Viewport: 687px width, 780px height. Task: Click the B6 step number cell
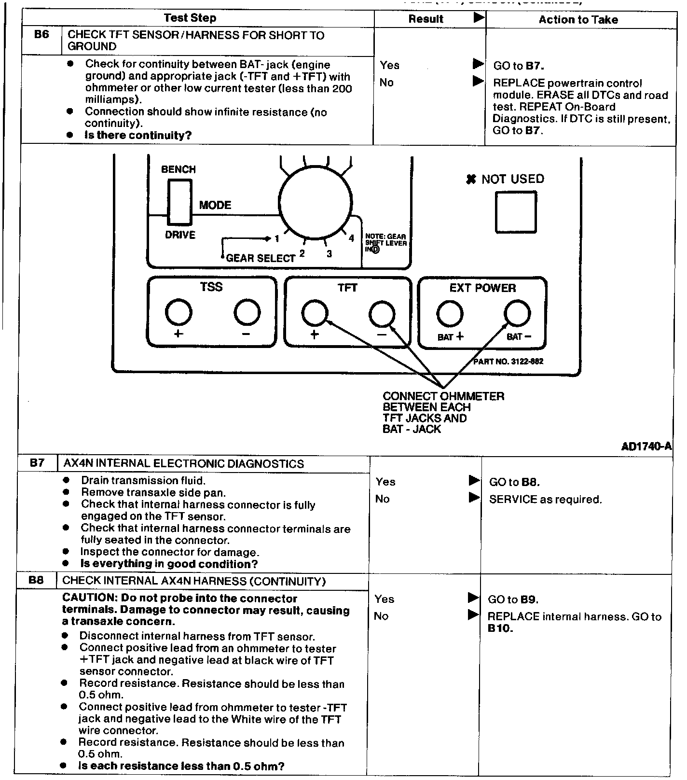point(42,35)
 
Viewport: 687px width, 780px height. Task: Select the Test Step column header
point(190,18)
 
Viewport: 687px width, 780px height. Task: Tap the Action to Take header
point(578,20)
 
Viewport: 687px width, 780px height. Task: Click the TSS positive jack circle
point(179,313)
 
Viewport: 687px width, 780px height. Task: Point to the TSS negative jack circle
point(247,313)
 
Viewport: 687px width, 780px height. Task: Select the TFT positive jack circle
point(315,314)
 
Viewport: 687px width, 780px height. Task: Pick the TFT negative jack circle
point(382,314)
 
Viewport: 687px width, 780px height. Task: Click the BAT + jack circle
point(450,314)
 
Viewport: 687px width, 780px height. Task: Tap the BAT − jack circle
point(517,314)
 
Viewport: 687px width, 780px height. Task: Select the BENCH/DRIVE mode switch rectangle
point(179,202)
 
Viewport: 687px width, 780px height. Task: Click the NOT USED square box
point(516,212)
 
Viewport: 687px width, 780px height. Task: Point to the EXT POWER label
point(482,288)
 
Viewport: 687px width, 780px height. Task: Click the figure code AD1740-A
point(646,446)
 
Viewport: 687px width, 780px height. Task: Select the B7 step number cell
point(37,463)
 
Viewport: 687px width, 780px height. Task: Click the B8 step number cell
point(36,581)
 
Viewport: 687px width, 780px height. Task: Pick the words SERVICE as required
point(545,500)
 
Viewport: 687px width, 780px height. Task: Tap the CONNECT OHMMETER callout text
point(443,396)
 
